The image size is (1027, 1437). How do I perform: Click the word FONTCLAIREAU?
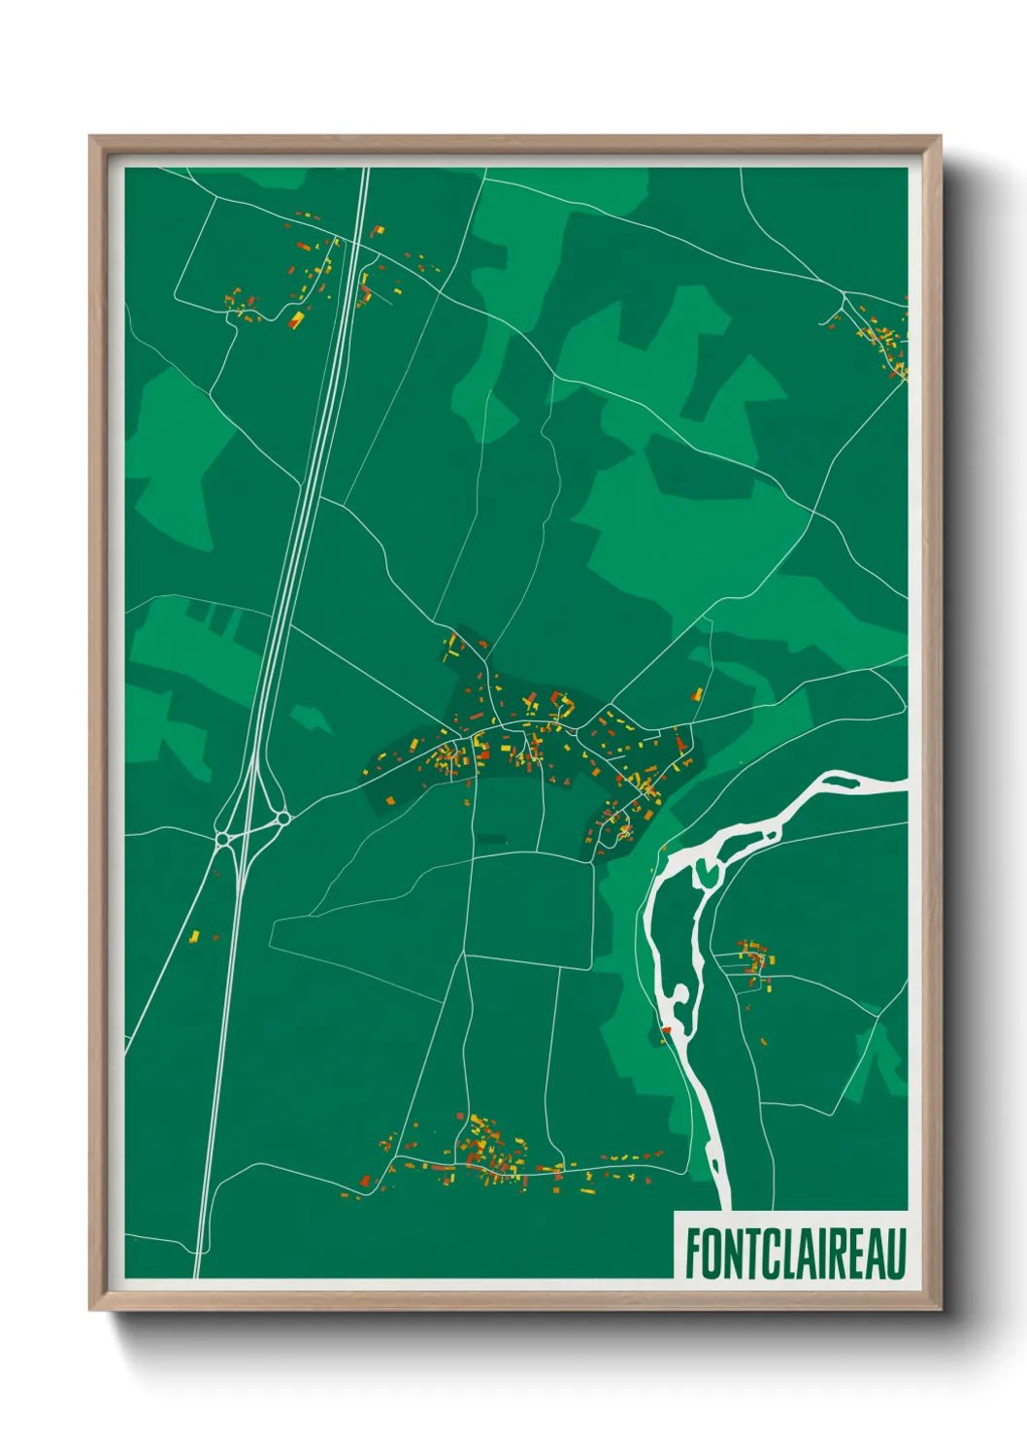[x=795, y=1253]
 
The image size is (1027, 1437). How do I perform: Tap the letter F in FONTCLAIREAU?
[x=694, y=1253]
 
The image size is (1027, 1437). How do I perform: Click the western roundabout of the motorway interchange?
[x=222, y=838]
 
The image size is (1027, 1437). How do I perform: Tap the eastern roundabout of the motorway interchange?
[x=282, y=819]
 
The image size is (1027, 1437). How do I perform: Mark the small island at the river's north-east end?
[x=840, y=778]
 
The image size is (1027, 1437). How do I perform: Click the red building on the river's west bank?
[x=666, y=1029]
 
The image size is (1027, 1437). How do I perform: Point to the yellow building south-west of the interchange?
[x=194, y=936]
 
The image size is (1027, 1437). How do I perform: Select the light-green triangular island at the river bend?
[x=706, y=872]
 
